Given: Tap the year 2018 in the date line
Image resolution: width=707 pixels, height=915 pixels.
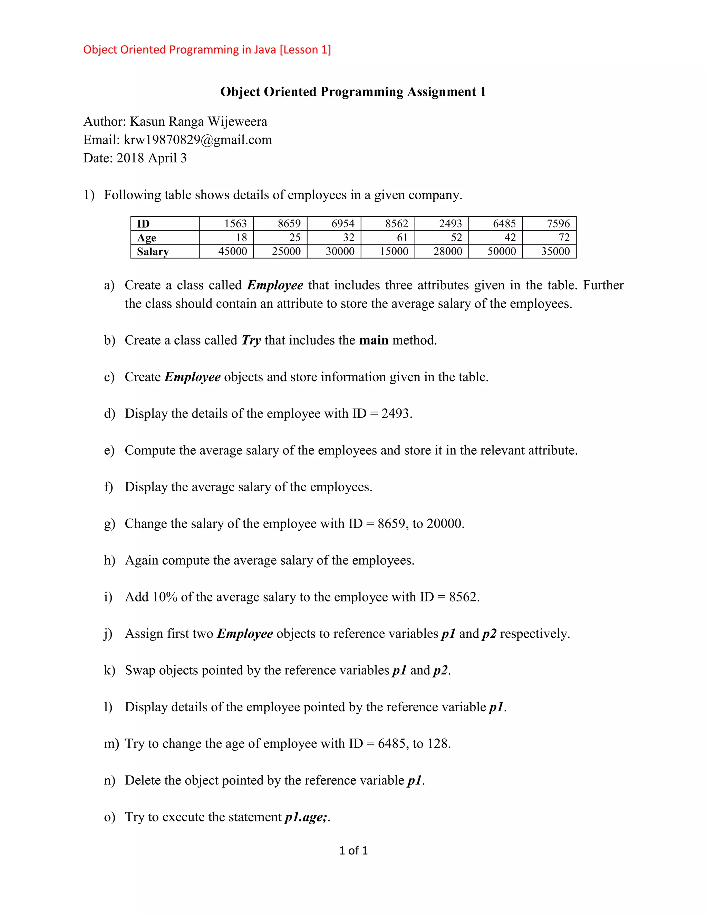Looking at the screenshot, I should [x=130, y=158].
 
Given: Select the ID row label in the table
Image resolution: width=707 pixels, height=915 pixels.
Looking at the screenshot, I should [x=143, y=224].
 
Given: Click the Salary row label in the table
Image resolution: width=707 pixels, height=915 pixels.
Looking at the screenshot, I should [x=153, y=251].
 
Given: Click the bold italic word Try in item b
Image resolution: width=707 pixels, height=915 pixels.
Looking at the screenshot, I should [x=251, y=340].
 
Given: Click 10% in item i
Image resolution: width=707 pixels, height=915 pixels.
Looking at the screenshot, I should [x=165, y=597].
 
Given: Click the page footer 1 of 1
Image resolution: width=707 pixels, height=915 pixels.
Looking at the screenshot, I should [x=353, y=850].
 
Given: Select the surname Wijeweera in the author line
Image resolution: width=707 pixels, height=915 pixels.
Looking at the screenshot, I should [x=237, y=122].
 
